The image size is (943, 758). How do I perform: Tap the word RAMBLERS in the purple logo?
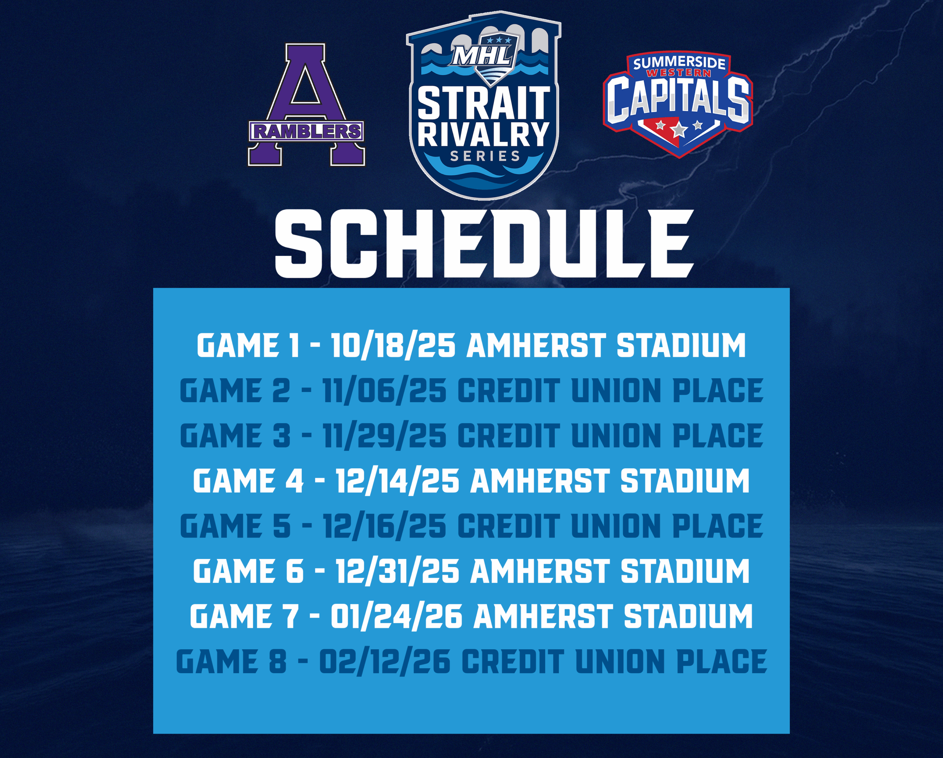coord(306,131)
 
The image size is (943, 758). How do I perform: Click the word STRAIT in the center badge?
coord(484,103)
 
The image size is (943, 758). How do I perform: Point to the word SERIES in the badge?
coord(485,156)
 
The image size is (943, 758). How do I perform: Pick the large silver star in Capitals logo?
coord(679,129)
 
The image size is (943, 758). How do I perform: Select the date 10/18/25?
coord(393,346)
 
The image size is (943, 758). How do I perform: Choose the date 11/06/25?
coord(385,391)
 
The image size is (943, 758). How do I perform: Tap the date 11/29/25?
coord(385,436)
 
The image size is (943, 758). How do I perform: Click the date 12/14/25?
coord(397,481)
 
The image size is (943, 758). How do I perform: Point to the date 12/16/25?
coord(385,526)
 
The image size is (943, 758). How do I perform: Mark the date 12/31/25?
coord(397,571)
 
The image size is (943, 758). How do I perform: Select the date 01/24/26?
coord(396,616)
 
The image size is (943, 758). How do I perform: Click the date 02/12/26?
coord(385,661)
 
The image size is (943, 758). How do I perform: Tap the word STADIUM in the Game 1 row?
coord(681,346)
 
